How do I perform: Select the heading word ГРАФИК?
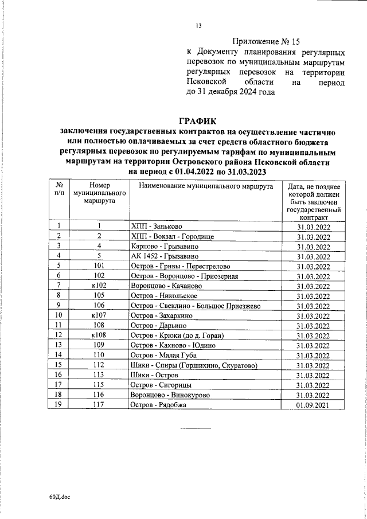[198, 121]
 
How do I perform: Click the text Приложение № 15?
[266, 41]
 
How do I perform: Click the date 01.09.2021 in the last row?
[314, 405]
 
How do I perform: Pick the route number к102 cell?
[99, 286]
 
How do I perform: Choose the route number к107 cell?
[99, 315]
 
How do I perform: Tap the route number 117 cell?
[99, 405]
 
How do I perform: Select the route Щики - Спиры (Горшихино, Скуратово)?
[194, 365]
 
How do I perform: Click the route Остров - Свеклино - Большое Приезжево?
[196, 306]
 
